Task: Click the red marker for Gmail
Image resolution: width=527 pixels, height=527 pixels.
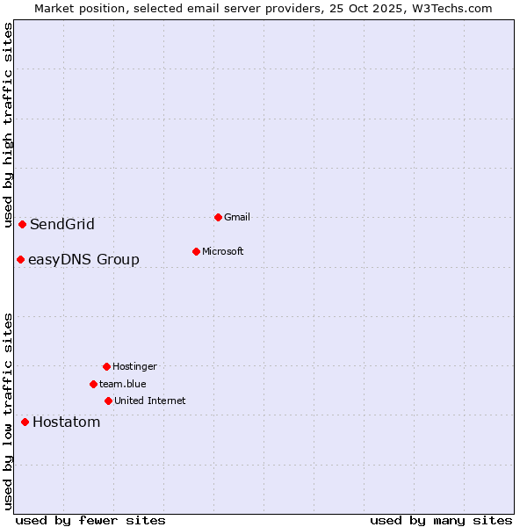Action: [218, 217]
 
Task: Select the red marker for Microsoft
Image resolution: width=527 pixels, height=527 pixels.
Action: [196, 251]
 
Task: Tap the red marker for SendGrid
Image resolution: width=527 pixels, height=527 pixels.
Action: [22, 224]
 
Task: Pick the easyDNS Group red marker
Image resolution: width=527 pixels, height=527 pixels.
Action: [20, 259]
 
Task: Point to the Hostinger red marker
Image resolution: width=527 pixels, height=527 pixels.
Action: [106, 366]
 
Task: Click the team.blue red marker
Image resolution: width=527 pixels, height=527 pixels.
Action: [93, 384]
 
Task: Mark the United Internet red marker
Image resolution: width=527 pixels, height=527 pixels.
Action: [108, 401]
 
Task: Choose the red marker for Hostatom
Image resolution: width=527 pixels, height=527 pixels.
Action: [25, 422]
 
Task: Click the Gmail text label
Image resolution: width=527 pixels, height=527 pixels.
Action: [237, 217]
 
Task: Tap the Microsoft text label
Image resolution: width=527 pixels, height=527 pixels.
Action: [223, 251]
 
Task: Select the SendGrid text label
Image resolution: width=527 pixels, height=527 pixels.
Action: [62, 224]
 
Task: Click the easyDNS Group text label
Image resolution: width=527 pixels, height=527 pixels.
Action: [83, 259]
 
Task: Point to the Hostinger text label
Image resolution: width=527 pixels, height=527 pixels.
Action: [134, 366]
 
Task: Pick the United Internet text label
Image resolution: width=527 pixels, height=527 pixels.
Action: [150, 401]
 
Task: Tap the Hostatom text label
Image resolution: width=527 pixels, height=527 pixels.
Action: [67, 422]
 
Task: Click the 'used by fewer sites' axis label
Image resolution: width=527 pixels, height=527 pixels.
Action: [90, 520]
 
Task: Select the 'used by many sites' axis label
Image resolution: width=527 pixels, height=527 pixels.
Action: [441, 520]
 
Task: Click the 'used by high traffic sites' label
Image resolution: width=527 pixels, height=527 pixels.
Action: [8, 125]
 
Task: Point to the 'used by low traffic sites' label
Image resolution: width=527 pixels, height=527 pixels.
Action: [8, 411]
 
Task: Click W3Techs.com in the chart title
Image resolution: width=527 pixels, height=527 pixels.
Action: [450, 8]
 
